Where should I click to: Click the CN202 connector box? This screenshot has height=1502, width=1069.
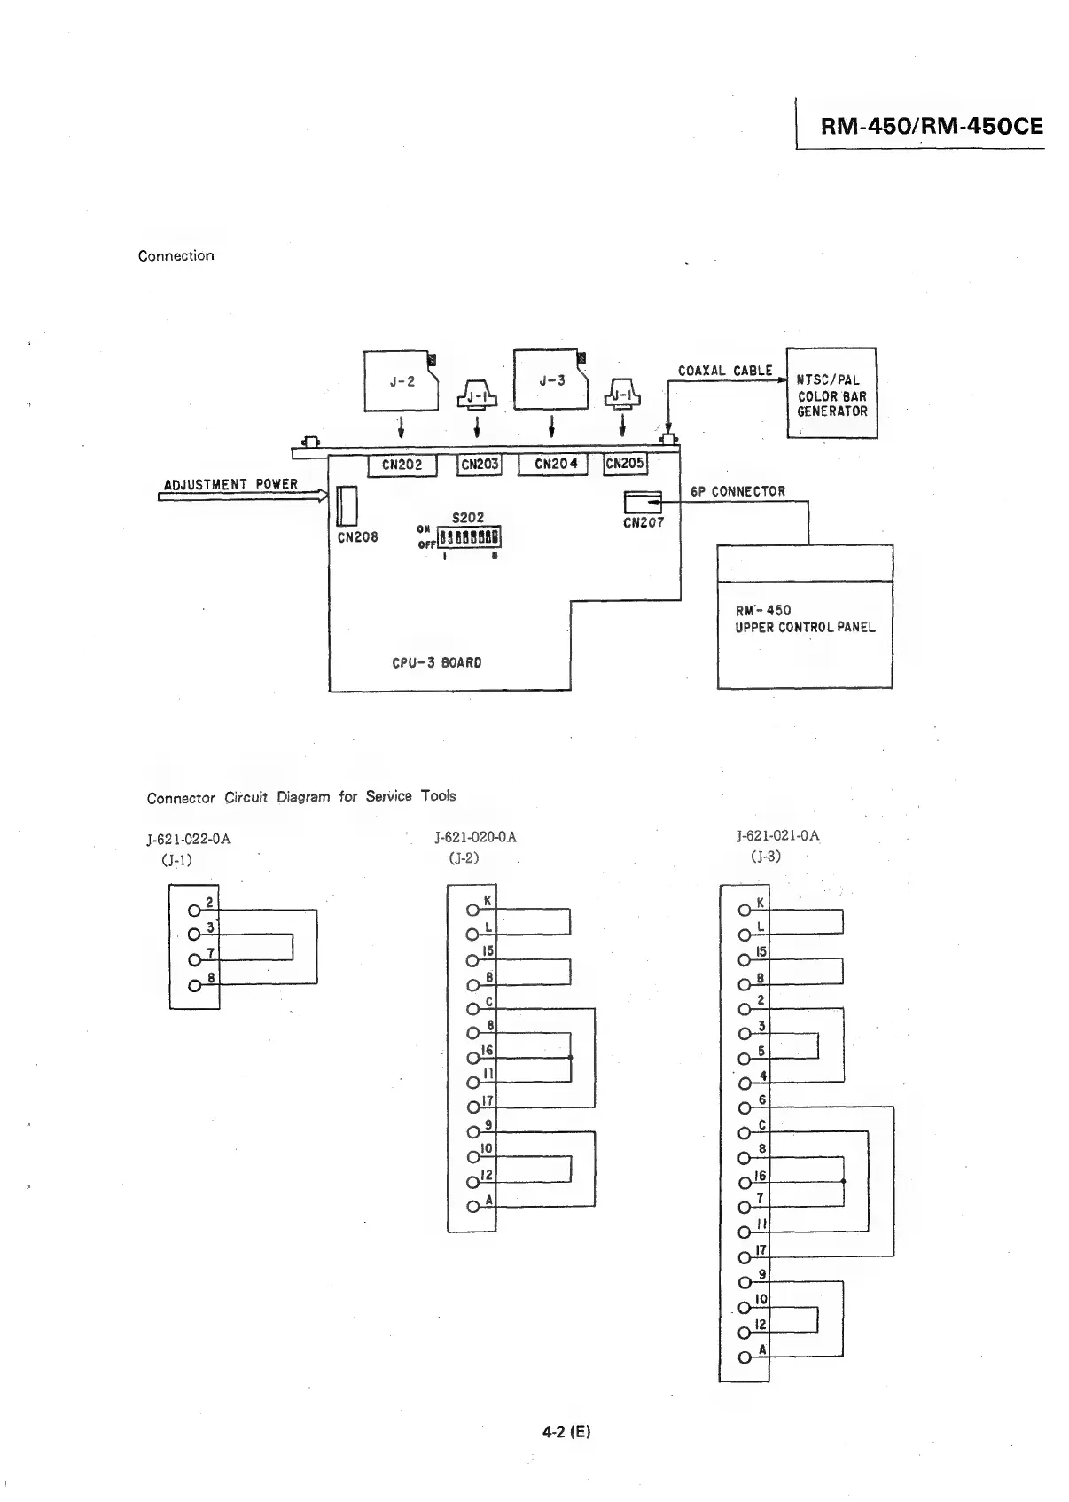[x=402, y=465]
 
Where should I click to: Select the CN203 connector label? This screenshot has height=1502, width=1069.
[x=479, y=465]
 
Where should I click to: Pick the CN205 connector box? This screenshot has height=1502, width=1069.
[x=625, y=464]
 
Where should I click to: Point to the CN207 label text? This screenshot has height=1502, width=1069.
[x=644, y=523]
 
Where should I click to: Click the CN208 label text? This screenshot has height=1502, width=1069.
[x=358, y=537]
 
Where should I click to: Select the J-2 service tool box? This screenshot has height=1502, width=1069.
[x=402, y=381]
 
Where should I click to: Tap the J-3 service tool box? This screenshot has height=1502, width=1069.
[x=551, y=380]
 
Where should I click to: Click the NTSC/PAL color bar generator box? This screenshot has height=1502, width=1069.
[x=831, y=394]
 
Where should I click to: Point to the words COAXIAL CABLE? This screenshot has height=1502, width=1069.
[x=725, y=371]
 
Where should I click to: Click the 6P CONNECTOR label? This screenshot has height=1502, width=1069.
[x=737, y=491]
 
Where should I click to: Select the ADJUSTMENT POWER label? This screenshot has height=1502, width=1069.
[x=231, y=484]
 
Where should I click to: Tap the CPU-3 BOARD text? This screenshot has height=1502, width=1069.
[x=437, y=662]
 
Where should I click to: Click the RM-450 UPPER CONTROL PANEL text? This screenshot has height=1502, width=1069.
[x=804, y=619]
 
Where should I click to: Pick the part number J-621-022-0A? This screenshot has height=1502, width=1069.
[x=189, y=839]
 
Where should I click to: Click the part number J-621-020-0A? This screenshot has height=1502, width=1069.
[x=475, y=837]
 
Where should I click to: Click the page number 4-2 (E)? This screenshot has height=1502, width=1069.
[x=566, y=1431]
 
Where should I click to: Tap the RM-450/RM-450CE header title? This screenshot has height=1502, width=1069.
[x=932, y=126]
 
